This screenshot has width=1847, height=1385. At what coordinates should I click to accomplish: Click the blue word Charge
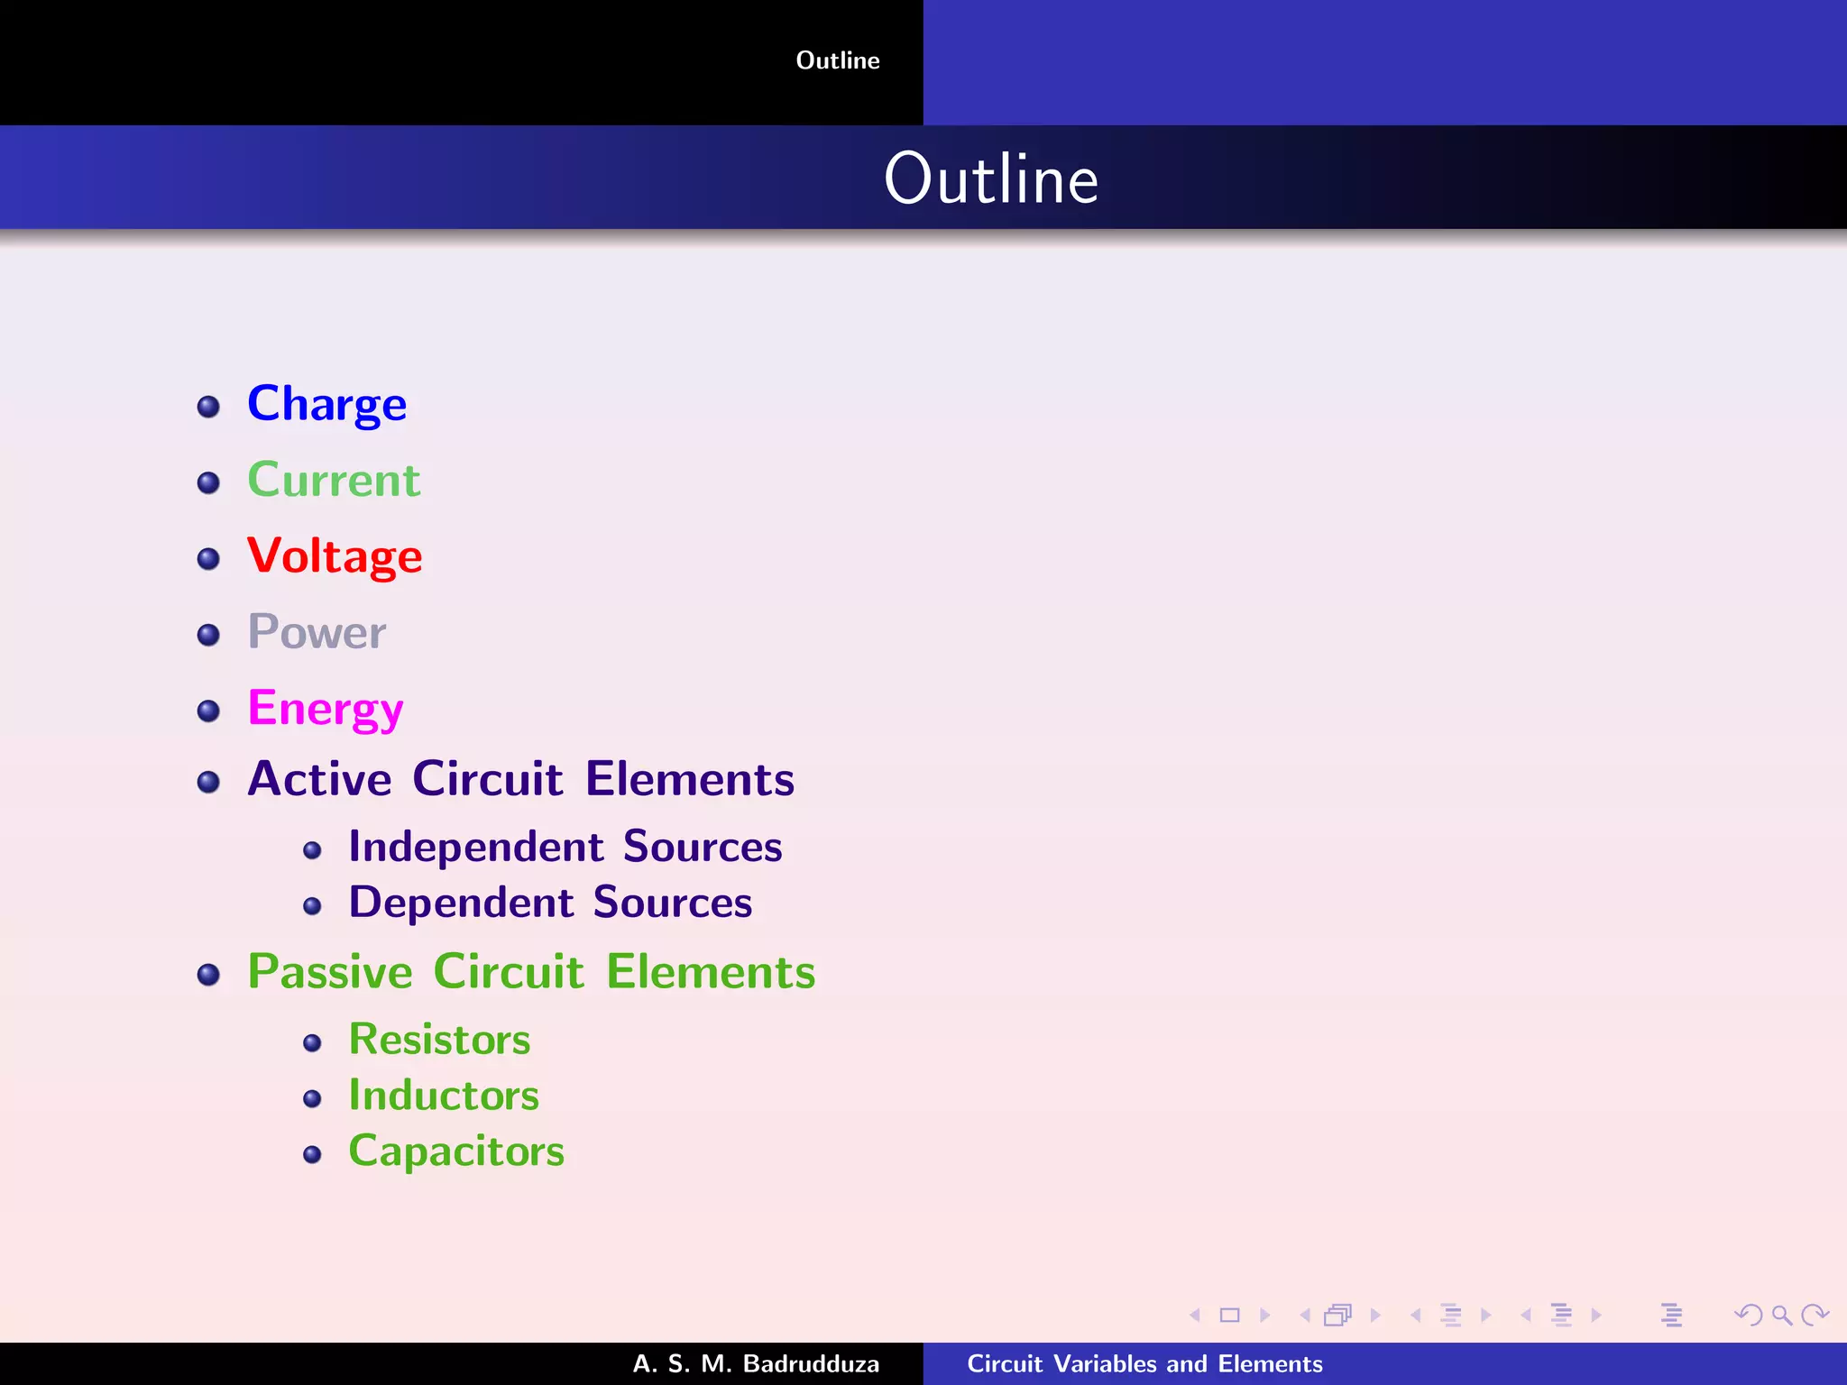tap(326, 404)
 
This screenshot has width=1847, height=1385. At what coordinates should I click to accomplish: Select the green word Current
tap(334, 480)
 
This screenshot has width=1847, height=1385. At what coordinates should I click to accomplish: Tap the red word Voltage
tap(335, 555)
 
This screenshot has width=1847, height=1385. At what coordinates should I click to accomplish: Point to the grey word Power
tap(317, 632)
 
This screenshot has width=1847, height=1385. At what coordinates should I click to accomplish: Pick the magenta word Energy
tap(326, 709)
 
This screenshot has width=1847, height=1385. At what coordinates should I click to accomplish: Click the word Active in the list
tap(319, 779)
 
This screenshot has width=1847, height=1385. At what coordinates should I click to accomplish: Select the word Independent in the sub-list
tap(476, 848)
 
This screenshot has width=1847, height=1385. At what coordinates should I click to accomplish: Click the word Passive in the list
tap(330, 972)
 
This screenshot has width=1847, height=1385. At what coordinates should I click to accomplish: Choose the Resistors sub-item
tap(439, 1040)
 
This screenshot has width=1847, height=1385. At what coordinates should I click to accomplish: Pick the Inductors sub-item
tap(444, 1096)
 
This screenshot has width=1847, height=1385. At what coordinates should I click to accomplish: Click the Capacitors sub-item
tap(456, 1151)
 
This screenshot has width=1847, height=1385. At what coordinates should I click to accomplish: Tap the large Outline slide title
tap(991, 179)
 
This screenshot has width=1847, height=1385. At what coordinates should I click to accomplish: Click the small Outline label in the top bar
tap(838, 60)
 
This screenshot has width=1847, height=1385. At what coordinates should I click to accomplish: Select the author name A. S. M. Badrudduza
tap(756, 1363)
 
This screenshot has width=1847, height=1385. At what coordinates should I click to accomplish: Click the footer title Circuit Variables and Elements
tap(1144, 1363)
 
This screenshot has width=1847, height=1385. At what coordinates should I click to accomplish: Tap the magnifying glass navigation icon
tap(1781, 1316)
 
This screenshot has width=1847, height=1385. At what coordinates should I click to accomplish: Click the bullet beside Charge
tap(208, 407)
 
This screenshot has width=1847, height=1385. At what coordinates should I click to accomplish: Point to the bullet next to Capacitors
tap(312, 1155)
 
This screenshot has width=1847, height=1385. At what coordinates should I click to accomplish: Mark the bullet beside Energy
tap(208, 711)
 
